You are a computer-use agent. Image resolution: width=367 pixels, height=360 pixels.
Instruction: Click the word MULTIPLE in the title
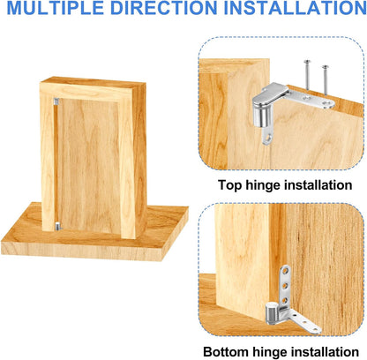55,11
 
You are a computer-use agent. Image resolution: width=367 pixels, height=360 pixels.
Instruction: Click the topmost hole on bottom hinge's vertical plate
287,271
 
